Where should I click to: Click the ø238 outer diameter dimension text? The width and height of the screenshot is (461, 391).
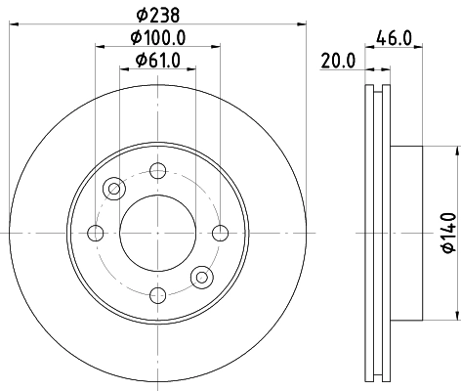pyautogui.click(x=156, y=15)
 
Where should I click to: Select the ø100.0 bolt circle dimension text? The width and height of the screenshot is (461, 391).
pyautogui.click(x=156, y=39)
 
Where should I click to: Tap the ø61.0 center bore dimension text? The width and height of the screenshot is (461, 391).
pyautogui.click(x=156, y=63)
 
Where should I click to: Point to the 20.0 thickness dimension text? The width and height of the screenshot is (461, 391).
pyautogui.click(x=337, y=63)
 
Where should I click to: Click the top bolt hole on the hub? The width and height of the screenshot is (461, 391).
pyautogui.click(x=157, y=170)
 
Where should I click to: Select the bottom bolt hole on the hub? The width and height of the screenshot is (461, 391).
pyautogui.click(x=157, y=294)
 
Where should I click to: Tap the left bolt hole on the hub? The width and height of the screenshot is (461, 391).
pyautogui.click(x=96, y=233)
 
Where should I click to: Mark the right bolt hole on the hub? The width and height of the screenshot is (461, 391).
pyautogui.click(x=220, y=233)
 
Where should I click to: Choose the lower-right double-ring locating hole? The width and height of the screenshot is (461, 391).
pyautogui.click(x=201, y=277)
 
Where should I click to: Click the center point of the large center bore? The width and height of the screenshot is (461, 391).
pyautogui.click(x=157, y=233)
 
